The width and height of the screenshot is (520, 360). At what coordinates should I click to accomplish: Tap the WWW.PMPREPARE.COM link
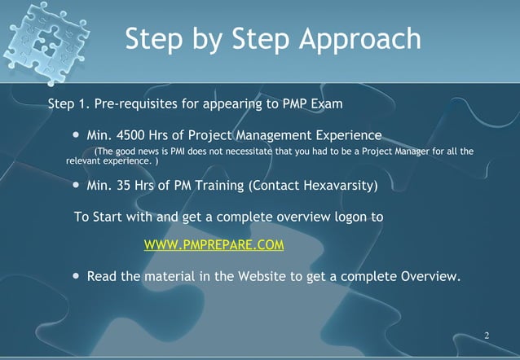(214, 245)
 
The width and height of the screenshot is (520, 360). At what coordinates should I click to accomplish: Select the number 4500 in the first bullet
(135, 134)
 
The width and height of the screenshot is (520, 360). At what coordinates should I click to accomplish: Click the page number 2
(487, 336)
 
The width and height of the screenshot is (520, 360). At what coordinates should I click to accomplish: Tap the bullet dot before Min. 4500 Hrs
(77, 134)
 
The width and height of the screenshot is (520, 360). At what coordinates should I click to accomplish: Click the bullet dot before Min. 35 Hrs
(77, 186)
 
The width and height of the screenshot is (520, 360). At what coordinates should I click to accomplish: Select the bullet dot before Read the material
(77, 276)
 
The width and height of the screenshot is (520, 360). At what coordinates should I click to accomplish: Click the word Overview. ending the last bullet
(430, 276)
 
